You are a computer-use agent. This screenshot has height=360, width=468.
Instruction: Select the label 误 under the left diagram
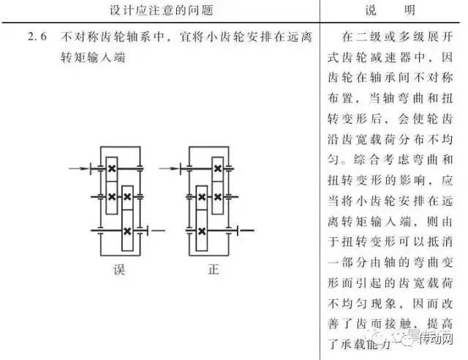[119, 270]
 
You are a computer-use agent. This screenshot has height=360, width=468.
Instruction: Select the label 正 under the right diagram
[213, 270]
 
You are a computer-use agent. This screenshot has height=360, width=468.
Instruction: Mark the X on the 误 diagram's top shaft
[112, 169]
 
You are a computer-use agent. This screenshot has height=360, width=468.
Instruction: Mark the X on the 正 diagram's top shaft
[217, 169]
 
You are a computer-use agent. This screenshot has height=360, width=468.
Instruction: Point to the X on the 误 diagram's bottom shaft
[127, 231]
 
